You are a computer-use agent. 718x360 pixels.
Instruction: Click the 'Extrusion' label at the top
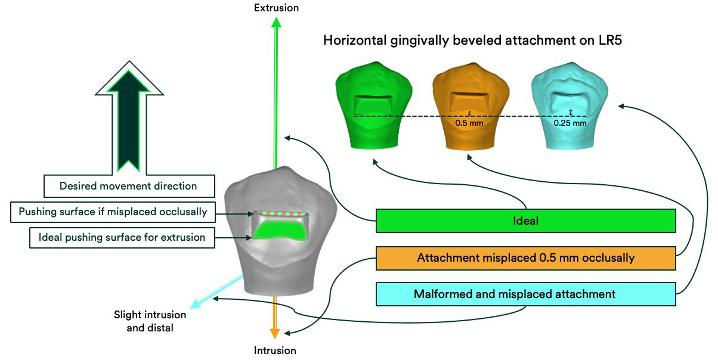276,8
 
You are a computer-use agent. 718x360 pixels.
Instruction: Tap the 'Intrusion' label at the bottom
275,350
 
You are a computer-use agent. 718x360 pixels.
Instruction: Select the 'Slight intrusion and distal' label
150,321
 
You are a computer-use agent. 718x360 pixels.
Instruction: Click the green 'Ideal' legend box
525,221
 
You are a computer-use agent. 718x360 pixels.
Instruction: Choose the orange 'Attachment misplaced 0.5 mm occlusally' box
525,258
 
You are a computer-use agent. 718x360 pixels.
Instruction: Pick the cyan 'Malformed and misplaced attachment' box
525,294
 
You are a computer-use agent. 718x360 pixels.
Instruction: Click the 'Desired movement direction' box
128,186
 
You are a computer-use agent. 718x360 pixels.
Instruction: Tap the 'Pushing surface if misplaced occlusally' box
113,212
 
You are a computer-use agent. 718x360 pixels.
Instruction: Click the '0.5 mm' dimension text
469,123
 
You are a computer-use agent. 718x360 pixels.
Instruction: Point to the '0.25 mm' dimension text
570,123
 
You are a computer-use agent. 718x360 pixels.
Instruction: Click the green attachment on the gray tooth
280,229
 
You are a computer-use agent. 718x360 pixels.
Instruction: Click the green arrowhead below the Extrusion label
276,23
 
